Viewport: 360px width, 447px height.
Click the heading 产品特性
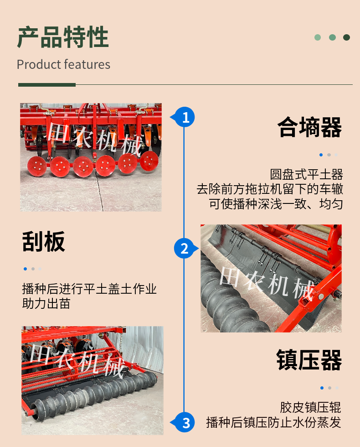pyautogui.click(x=63, y=37)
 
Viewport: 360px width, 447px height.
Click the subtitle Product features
pyautogui.click(x=63, y=64)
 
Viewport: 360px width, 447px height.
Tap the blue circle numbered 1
pyautogui.click(x=185, y=117)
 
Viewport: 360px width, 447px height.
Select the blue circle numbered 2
pyautogui.click(x=185, y=248)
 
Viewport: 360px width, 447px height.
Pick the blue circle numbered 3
pyautogui.click(x=185, y=422)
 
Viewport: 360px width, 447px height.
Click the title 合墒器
pyautogui.click(x=309, y=127)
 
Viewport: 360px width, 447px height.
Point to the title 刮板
pyautogui.click(x=44, y=241)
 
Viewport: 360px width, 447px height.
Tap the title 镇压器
pyautogui.click(x=309, y=360)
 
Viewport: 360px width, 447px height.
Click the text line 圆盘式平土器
pyautogui.click(x=306, y=174)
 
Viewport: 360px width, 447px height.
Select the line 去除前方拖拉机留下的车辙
pyautogui.click(x=270, y=189)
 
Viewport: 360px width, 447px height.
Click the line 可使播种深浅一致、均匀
pyautogui.click(x=276, y=204)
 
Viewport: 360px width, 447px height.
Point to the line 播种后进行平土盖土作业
pyautogui.click(x=89, y=289)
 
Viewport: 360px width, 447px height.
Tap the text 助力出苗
pyautogui.click(x=46, y=304)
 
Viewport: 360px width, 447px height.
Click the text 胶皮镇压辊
pyautogui.click(x=310, y=407)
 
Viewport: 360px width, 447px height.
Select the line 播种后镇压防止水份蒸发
pyautogui.click(x=274, y=422)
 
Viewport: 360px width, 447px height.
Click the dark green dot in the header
pyautogui.click(x=347, y=37)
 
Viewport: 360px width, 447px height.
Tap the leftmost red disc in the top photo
pyautogui.click(x=37, y=166)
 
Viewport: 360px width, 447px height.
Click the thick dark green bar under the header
pyautogui.click(x=47, y=85)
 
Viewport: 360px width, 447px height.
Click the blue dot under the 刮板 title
pyautogui.click(x=26, y=269)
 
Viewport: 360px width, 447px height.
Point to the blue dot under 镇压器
pyautogui.click(x=322, y=388)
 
